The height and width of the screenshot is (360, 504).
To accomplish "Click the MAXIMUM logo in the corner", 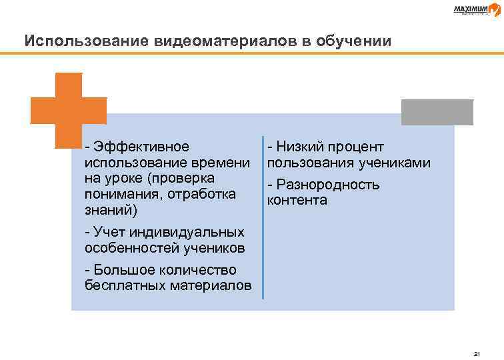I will [474, 9].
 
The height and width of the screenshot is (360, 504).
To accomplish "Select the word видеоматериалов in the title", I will [213, 41].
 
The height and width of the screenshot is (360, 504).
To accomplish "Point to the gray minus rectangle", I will [437, 112].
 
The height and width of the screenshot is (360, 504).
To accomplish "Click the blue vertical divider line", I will [263, 217].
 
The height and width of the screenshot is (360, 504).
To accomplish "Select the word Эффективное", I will [141, 147].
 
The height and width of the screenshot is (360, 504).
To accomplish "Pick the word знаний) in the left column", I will [111, 211].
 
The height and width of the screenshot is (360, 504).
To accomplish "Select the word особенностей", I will [128, 248].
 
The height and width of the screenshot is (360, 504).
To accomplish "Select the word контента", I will [297, 200].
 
